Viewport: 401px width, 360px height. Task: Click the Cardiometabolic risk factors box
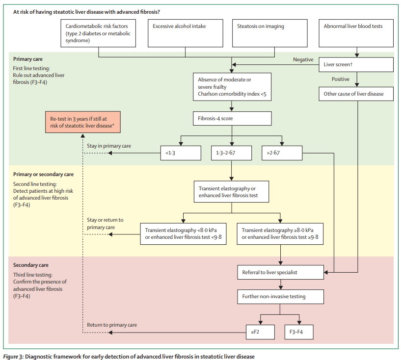pos(99,33)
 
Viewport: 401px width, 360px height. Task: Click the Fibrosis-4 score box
pos(232,118)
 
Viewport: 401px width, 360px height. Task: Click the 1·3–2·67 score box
pos(232,153)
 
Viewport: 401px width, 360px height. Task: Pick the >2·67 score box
pos(282,153)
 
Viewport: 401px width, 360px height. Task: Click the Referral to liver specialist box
pos(280,272)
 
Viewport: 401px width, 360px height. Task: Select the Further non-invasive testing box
pos(280,297)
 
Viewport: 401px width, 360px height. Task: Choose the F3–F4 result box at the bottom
pos(298,332)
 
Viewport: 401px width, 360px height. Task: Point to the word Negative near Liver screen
pos(303,59)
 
